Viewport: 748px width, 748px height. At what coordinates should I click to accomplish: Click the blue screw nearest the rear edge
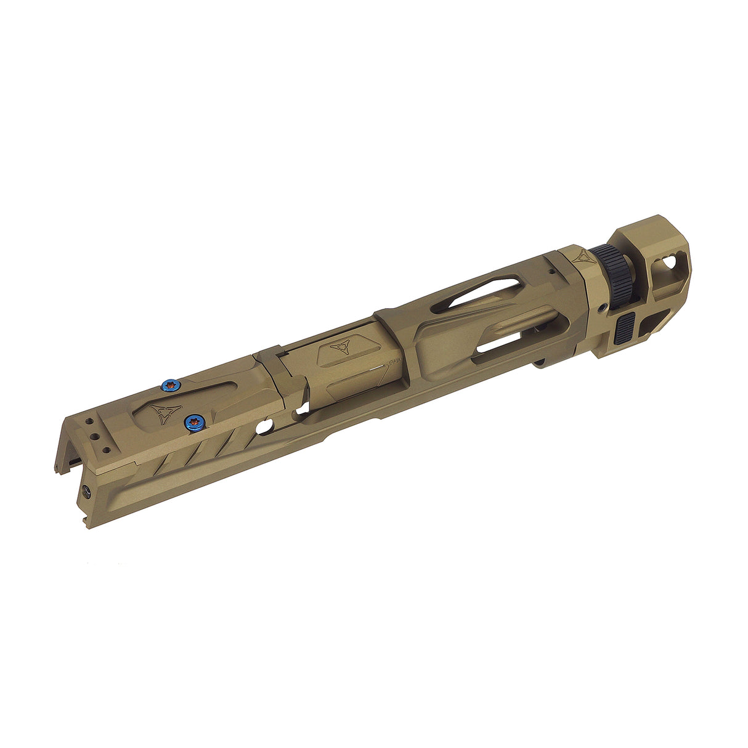[169, 386]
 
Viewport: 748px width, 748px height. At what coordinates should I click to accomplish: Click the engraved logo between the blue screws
[163, 413]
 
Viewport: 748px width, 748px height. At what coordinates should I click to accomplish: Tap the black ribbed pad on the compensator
[625, 329]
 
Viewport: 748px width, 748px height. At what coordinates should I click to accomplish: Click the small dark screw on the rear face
[86, 491]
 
